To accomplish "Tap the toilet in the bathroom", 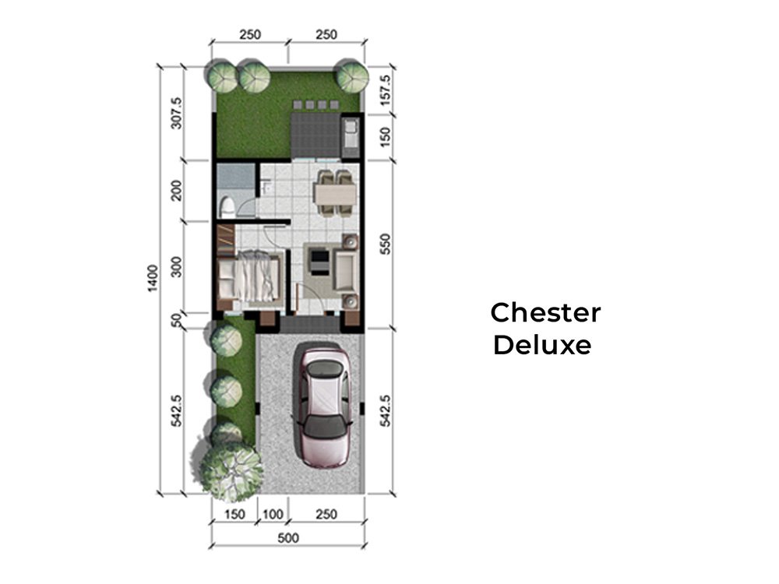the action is tap(227, 206).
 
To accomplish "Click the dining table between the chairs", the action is tap(335, 194).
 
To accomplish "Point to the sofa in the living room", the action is tap(345, 271).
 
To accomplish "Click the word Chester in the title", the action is tap(545, 312).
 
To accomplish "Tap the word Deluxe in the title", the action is tap(542, 345).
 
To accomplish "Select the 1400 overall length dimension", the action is tap(153, 278).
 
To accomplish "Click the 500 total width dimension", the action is tap(288, 538).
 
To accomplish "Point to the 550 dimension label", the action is tap(385, 245).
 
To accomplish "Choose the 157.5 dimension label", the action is tap(385, 90).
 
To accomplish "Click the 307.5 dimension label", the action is tap(176, 113).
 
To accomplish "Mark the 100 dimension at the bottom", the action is tap(273, 514).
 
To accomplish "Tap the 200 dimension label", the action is tap(176, 190).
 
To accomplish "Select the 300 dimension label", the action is tap(176, 266).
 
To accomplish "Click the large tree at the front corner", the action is tap(231, 470).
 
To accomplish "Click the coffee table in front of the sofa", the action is tap(319, 262).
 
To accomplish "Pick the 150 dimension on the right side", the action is tap(385, 137).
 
